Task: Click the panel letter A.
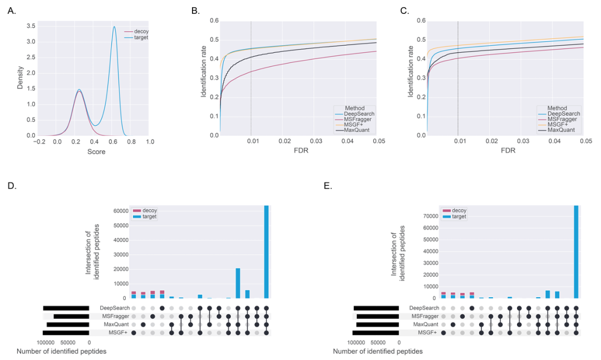(x=12, y=11)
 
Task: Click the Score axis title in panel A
(x=95, y=151)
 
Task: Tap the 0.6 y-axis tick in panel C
(x=421, y=21)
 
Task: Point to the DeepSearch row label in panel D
(x=115, y=308)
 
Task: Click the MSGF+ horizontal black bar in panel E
(x=376, y=332)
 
